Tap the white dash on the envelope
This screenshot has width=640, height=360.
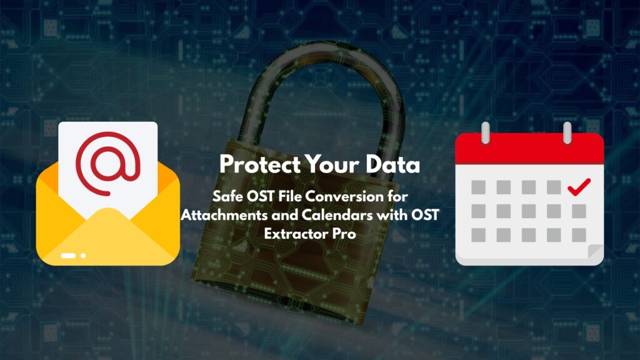pos(68,256)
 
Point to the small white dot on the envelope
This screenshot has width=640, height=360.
pos(83,256)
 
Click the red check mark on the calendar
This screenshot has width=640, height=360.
pos(579,186)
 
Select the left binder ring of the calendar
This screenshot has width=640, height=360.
pos(485,132)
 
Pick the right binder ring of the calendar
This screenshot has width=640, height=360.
pos(567,132)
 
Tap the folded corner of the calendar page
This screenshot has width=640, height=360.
pos(595,254)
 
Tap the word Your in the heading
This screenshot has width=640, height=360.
pos(338,165)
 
